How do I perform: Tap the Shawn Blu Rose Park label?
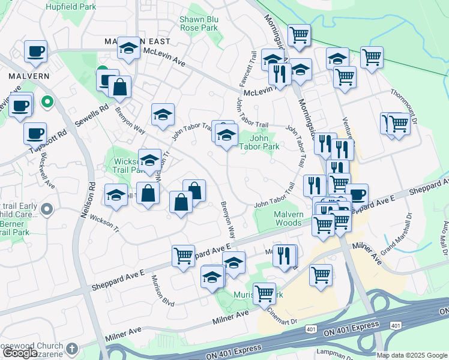[x=199, y=23]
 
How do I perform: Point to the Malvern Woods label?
[x=279, y=218]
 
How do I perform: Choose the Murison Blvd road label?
[x=163, y=290]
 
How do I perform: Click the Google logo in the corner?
[x=19, y=353]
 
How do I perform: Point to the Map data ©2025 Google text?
[x=412, y=355]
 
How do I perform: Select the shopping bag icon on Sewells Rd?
[x=120, y=87]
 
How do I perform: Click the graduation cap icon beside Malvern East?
[x=128, y=49]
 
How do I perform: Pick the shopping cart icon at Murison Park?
[x=264, y=293]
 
